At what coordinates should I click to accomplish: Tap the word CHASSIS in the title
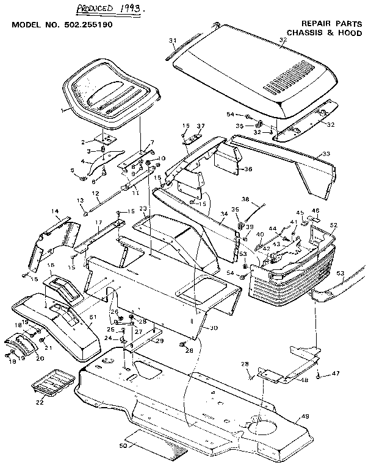point(303,32)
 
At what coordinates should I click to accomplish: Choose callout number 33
point(326,153)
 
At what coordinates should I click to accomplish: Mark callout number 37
point(200,126)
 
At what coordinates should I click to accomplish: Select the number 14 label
point(56,211)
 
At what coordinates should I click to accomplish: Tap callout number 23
point(143,208)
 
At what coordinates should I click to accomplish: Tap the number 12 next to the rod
point(95,194)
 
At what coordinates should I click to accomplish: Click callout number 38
point(246,199)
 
